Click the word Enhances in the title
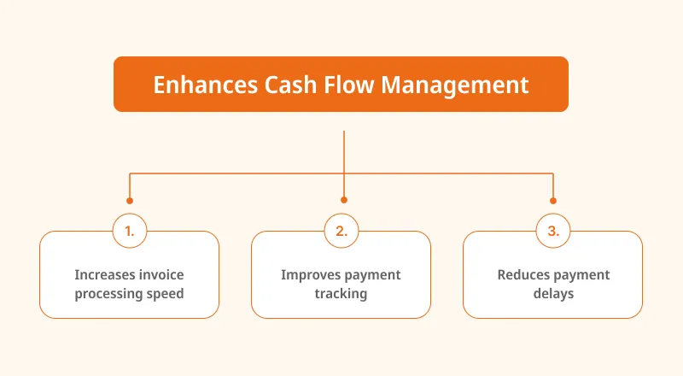coord(205,85)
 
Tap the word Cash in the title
coord(290,85)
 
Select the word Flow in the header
coord(349,85)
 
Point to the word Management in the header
coord(455,85)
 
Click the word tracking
coord(341,294)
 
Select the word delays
coord(553,294)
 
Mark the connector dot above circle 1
coord(130,201)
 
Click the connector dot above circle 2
coord(344,200)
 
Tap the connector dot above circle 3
coord(553,201)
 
